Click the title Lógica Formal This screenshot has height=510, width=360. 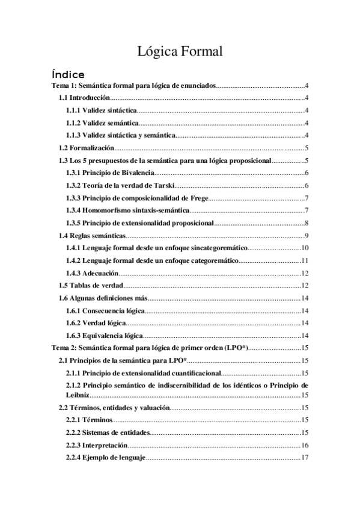click(180, 52)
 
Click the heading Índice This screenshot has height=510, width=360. click(67, 75)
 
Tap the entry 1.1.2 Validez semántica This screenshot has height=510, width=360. click(102, 123)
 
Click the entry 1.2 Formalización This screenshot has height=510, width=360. click(85, 148)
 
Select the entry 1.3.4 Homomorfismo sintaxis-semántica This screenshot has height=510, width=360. click(128, 210)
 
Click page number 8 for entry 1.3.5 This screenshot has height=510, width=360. click(307, 223)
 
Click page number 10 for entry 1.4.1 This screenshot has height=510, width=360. click(304, 248)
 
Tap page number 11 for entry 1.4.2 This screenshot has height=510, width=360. click(304, 261)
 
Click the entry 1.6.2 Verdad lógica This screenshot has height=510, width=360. click(96, 323)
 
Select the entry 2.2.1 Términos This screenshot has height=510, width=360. click(88, 420)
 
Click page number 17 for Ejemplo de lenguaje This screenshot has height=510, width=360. click(304, 458)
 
